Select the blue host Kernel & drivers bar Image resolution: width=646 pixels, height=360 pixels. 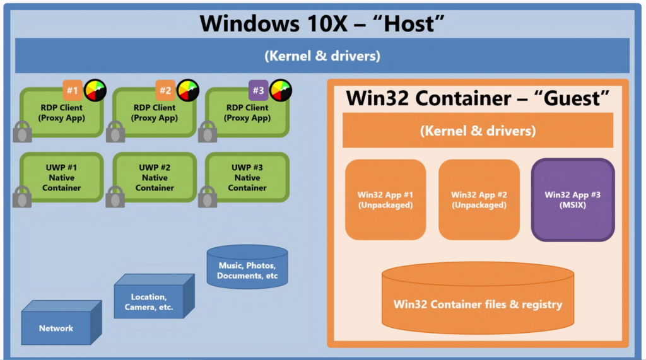[x=322, y=55]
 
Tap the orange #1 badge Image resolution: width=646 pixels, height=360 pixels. [x=73, y=90]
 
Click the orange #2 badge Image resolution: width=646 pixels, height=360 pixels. [x=165, y=90]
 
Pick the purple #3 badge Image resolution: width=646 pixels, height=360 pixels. [x=258, y=90]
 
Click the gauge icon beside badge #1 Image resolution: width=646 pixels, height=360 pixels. [x=95, y=90]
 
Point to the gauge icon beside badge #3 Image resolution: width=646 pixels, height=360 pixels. [x=281, y=90]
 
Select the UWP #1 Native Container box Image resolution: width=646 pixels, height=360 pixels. [x=61, y=178]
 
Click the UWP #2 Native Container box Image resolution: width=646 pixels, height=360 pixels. [x=155, y=178]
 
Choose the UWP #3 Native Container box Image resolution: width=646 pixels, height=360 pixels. [x=247, y=178]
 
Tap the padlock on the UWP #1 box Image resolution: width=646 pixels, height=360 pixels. [x=23, y=197]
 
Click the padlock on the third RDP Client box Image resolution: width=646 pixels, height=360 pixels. [x=208, y=132]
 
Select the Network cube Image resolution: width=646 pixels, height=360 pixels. [x=57, y=327]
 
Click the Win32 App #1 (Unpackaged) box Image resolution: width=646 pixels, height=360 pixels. [x=385, y=200]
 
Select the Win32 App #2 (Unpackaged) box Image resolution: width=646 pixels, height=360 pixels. [x=479, y=200]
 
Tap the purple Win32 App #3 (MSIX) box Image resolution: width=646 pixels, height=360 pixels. [x=572, y=200]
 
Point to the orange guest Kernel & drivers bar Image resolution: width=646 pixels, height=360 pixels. [x=478, y=131]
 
